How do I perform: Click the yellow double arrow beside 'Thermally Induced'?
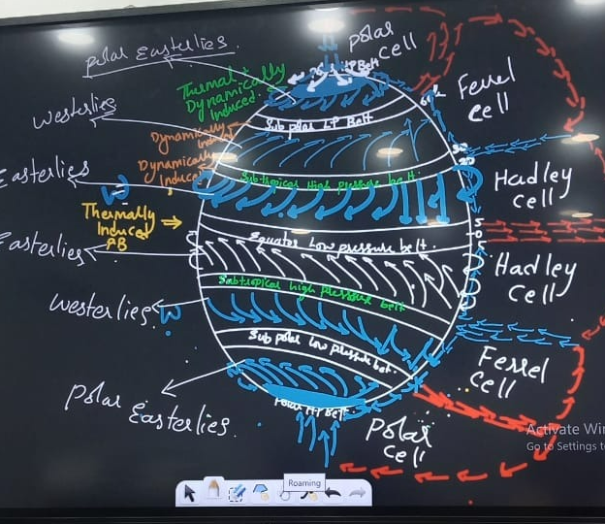click(x=171, y=222)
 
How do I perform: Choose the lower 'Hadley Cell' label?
click(x=534, y=279)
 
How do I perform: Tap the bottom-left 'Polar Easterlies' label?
click(x=145, y=409)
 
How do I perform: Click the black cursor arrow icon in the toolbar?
click(x=189, y=493)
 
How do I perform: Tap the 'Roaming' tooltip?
click(x=303, y=482)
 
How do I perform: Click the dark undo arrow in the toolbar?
click(x=333, y=494)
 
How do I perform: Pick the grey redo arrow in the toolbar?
click(x=356, y=494)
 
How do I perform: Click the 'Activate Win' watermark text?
click(x=565, y=429)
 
